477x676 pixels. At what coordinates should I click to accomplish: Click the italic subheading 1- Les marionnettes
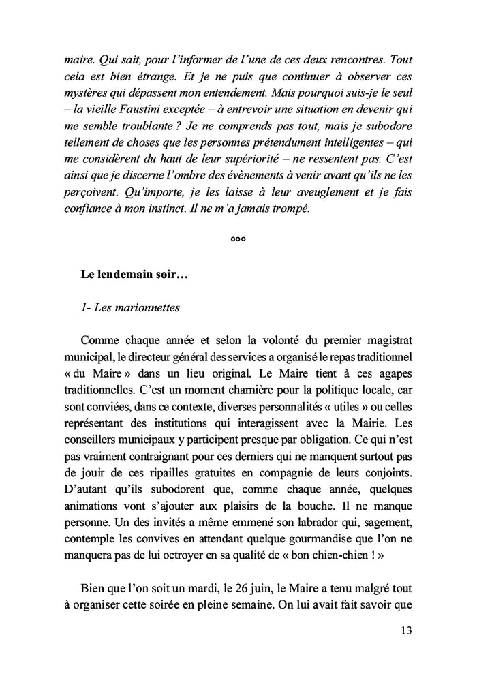pyautogui.click(x=129, y=307)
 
